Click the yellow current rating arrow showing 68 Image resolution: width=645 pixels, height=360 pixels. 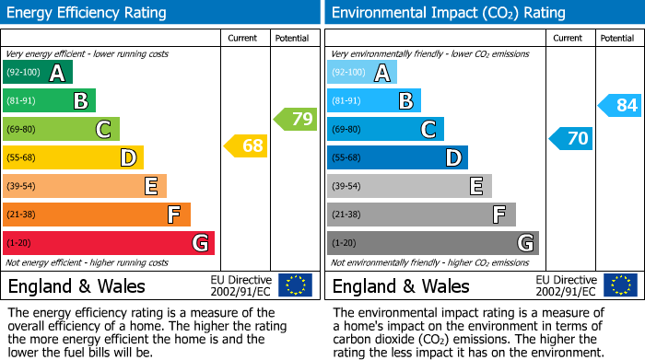[246, 145]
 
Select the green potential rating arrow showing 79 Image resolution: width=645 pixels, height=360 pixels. [295, 119]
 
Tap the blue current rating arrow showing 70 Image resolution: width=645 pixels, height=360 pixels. [570, 139]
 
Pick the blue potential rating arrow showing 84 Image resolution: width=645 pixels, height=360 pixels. [619, 105]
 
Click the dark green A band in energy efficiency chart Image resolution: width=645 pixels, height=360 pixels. [38, 73]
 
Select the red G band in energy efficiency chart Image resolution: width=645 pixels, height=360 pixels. [109, 243]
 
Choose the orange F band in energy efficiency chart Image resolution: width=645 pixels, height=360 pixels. [97, 215]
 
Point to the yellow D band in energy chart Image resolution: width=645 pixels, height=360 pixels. [73, 157]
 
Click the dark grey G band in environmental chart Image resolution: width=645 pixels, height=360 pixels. [433, 243]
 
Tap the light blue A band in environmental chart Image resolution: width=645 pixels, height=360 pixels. [362, 73]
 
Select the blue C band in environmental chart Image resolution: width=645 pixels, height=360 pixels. [385, 129]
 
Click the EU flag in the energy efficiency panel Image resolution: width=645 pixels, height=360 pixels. [295, 285]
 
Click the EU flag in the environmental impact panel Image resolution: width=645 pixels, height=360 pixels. [619, 285]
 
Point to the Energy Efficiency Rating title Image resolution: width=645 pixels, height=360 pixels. [88, 13]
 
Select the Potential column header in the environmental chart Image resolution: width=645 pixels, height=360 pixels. [617, 38]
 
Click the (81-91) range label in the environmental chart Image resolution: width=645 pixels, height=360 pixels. [347, 101]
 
